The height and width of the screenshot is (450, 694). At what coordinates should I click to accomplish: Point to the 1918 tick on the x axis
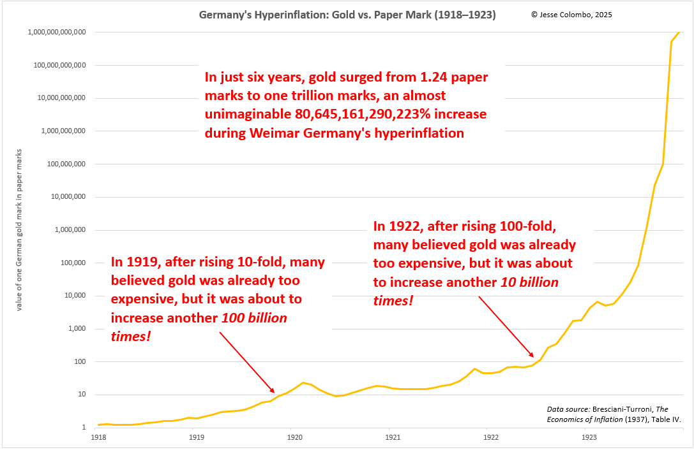point(98,438)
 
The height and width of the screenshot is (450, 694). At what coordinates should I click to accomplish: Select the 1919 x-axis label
point(197,438)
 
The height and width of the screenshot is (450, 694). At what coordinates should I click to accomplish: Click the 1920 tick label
point(294,438)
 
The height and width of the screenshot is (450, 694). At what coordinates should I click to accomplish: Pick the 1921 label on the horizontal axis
point(393,438)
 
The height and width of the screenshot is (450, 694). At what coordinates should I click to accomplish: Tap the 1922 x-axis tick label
point(491,438)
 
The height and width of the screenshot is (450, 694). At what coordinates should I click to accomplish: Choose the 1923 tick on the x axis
point(589,438)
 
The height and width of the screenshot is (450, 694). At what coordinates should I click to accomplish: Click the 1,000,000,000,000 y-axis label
point(57,32)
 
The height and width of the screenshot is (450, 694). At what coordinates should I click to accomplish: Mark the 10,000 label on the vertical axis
point(72,296)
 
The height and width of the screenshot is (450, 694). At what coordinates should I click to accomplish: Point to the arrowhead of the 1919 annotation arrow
point(274,392)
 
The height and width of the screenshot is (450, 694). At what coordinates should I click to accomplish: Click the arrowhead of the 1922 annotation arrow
point(532,356)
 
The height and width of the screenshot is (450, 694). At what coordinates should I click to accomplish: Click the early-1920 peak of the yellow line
point(303,382)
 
